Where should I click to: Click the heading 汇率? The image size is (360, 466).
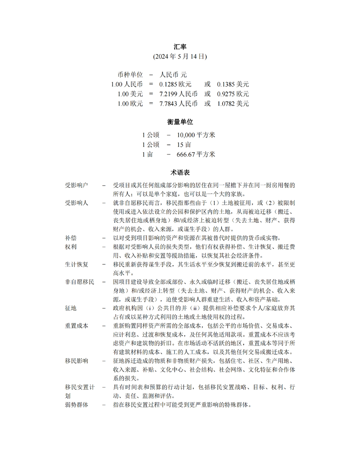(180, 47)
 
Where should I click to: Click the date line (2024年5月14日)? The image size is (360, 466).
(180, 57)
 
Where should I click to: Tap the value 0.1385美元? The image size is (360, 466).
(233, 84)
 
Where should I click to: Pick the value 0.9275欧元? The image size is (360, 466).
(233, 94)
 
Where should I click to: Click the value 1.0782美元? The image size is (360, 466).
(233, 104)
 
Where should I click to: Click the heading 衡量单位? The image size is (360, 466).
(180, 122)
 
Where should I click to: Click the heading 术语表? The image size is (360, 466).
(180, 172)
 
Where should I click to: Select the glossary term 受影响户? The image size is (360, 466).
(77, 185)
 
